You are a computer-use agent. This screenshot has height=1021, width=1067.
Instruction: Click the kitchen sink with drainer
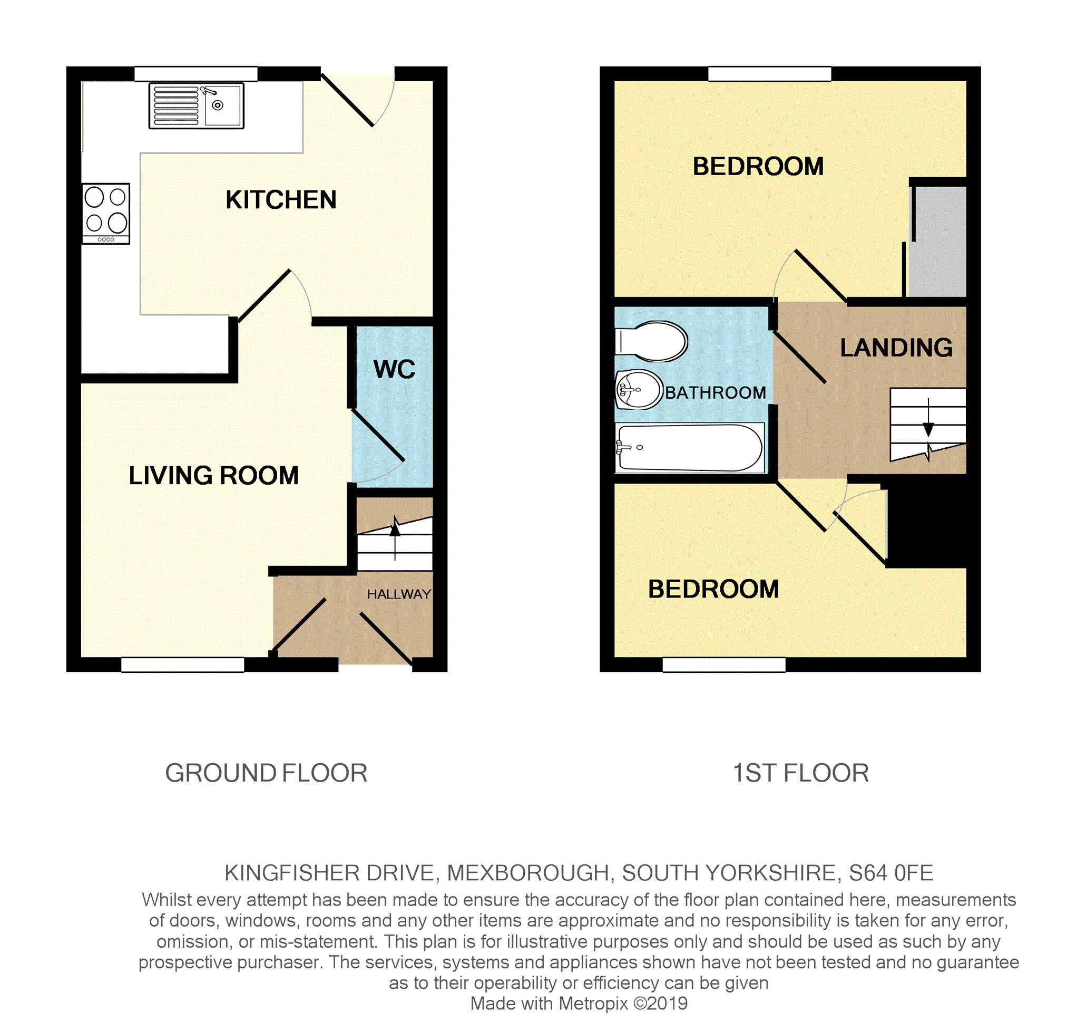click(x=196, y=106)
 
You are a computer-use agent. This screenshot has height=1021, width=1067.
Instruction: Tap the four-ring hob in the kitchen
click(x=106, y=214)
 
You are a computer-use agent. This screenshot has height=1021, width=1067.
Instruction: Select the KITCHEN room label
click(x=281, y=200)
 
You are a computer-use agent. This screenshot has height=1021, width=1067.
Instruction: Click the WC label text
click(x=394, y=370)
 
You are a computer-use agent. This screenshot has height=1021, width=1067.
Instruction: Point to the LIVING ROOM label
click(x=213, y=475)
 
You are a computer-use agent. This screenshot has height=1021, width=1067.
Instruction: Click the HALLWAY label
click(x=398, y=594)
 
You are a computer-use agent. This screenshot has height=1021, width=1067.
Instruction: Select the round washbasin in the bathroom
click(x=639, y=390)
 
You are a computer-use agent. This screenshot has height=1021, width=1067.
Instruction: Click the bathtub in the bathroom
click(x=690, y=447)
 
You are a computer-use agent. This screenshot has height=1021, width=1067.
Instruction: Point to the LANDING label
click(x=896, y=348)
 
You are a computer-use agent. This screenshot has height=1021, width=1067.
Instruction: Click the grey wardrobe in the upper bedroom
click(x=937, y=241)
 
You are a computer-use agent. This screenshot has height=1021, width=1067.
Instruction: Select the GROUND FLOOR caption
click(x=266, y=773)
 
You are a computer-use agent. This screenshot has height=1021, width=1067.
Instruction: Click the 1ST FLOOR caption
click(x=800, y=773)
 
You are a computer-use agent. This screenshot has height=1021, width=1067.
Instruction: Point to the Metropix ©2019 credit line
click(x=578, y=1004)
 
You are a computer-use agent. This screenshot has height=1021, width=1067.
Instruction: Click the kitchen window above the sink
click(x=196, y=73)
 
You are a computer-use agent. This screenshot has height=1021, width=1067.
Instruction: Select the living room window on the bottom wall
click(x=182, y=664)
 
